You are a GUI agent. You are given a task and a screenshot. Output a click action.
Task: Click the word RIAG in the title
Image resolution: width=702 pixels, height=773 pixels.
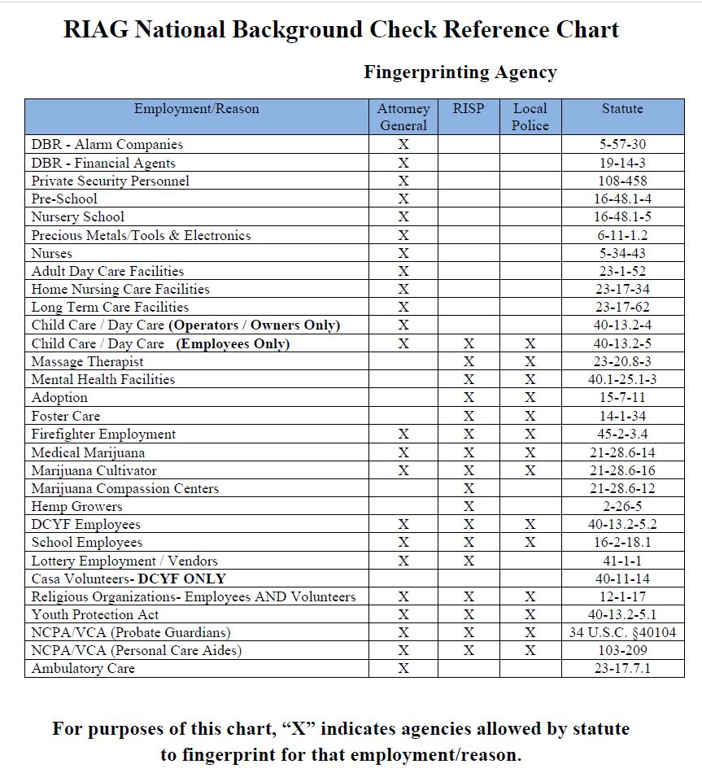(x=96, y=30)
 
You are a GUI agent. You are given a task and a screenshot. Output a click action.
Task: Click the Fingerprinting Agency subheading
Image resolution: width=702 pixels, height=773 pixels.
(x=460, y=72)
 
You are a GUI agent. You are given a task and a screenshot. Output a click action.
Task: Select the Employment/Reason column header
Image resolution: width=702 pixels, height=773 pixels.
(x=196, y=109)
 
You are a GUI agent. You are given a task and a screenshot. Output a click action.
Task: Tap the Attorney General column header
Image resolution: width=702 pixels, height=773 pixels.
(x=403, y=117)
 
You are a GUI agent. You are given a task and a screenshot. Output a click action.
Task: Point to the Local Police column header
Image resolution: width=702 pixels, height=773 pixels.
(x=530, y=117)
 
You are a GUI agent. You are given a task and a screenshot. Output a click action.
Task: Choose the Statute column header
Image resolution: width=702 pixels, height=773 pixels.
(x=622, y=109)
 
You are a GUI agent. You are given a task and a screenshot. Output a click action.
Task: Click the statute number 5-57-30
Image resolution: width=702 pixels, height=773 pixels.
(x=622, y=145)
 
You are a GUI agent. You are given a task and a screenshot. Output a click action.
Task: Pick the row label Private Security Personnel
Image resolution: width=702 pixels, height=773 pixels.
(x=110, y=181)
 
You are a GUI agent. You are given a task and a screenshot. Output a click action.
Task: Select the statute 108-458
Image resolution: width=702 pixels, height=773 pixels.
(x=622, y=181)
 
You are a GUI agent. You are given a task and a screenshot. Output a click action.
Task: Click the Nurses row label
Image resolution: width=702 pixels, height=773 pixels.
(x=51, y=253)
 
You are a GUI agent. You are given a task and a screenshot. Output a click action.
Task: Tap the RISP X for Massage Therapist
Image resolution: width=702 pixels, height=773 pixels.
(x=469, y=361)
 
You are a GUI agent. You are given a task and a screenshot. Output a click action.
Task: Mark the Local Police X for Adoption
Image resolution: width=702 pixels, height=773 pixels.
(x=530, y=398)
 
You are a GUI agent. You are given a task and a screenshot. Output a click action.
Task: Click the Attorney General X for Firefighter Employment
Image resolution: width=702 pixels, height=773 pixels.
(x=403, y=434)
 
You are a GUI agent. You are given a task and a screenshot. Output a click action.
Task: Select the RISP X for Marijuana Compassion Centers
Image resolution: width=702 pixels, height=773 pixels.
(x=469, y=488)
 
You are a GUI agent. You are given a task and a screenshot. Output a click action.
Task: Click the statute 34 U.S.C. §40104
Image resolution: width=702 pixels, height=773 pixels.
(x=622, y=632)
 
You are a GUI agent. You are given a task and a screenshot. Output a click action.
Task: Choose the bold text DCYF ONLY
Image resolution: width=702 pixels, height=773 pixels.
(x=181, y=579)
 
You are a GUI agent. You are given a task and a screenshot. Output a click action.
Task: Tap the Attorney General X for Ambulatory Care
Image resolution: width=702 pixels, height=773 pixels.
(x=403, y=668)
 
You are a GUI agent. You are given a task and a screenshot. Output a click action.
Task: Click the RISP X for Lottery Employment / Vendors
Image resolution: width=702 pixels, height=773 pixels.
(x=469, y=561)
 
